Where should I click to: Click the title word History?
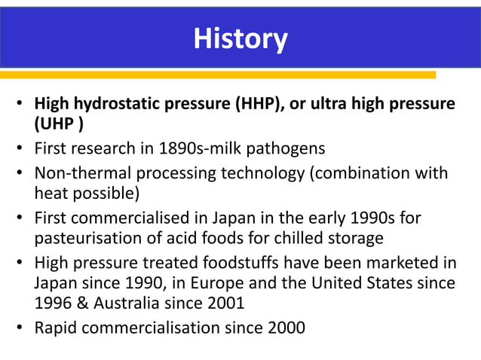240,38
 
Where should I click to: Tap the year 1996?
53,304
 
